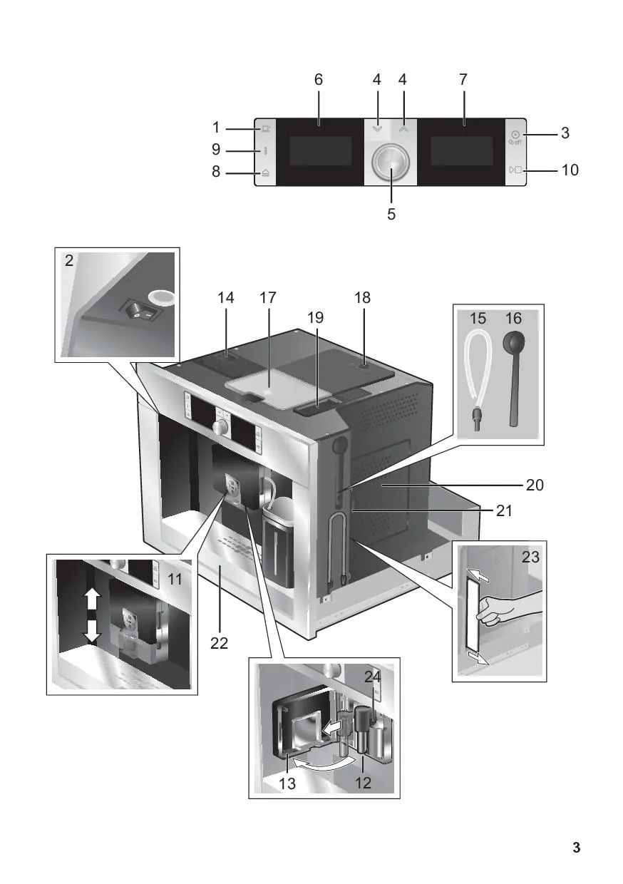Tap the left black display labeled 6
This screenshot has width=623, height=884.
pyautogui.click(x=320, y=151)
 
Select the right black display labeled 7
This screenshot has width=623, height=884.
pyautogui.click(x=461, y=151)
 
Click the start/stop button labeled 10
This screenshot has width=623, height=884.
pyautogui.click(x=515, y=170)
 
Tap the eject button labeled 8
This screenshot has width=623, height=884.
pyautogui.click(x=265, y=173)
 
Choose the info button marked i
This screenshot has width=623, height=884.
pyautogui.click(x=265, y=150)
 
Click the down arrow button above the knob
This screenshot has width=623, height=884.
pyautogui.click(x=377, y=130)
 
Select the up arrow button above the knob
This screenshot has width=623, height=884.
pyautogui.click(x=404, y=130)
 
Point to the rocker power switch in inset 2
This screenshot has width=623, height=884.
pyautogui.click(x=140, y=311)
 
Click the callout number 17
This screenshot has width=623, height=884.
pyautogui.click(x=267, y=298)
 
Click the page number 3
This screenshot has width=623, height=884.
pyautogui.click(x=576, y=848)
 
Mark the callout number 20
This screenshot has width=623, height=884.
pyautogui.click(x=535, y=485)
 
